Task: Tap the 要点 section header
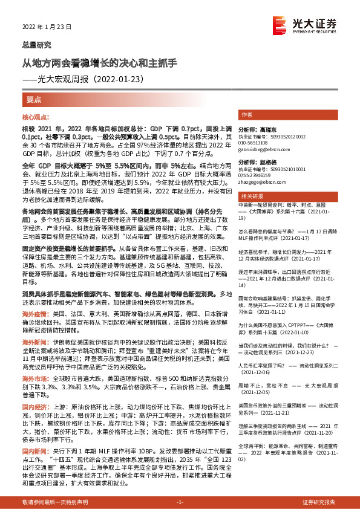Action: point(34,99)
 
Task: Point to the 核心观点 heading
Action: point(36,118)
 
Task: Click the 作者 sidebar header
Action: point(247,114)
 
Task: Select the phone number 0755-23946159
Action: point(256,175)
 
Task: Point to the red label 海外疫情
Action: point(34,315)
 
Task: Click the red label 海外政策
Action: point(34,341)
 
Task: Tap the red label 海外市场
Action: point(34,377)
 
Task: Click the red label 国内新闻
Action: point(34,451)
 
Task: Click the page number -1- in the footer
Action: point(180,502)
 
